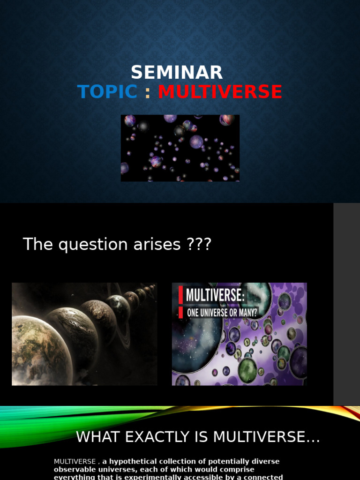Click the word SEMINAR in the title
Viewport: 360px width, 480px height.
point(177,73)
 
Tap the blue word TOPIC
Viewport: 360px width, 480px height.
point(107,92)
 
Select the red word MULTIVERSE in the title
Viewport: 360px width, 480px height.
point(220,92)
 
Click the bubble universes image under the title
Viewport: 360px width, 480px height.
point(180,148)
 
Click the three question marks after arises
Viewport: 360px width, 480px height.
point(198,245)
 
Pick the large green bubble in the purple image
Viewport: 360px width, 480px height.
point(247,370)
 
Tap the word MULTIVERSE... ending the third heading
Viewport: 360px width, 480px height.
point(266,437)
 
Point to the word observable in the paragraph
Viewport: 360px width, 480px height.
point(73,469)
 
